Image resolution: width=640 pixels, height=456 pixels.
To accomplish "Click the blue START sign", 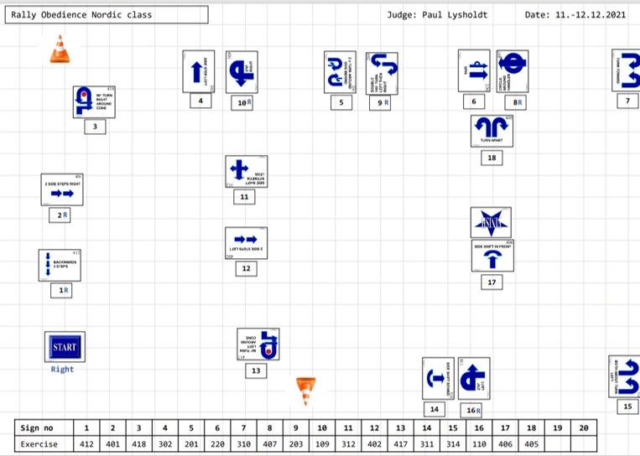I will (x=64, y=347).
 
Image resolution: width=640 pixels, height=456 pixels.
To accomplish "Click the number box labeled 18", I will (x=492, y=158).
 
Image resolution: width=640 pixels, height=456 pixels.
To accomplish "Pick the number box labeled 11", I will (x=244, y=197).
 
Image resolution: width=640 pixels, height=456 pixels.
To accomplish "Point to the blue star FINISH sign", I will (x=491, y=223).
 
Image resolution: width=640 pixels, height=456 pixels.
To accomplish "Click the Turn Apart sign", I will (x=492, y=130).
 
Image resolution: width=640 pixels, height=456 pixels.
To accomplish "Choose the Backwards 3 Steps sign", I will (x=60, y=264).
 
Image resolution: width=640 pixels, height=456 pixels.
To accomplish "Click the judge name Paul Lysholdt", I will (x=449, y=15).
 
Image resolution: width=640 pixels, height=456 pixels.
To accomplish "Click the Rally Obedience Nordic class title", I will (x=82, y=15).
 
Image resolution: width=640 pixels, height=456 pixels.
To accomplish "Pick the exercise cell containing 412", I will (x=86, y=443).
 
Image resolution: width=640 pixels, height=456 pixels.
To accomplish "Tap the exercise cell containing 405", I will (x=530, y=443).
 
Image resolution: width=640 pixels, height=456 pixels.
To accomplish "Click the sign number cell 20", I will (x=583, y=427).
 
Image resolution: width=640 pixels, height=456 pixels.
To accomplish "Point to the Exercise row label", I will (x=39, y=443).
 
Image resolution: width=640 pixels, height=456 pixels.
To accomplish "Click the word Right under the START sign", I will (x=62, y=369).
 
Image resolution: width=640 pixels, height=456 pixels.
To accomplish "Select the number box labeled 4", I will (x=200, y=101).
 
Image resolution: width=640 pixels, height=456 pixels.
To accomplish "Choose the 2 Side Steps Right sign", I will (x=62, y=189).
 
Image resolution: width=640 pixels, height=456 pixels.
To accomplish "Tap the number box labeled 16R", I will (x=474, y=411).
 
